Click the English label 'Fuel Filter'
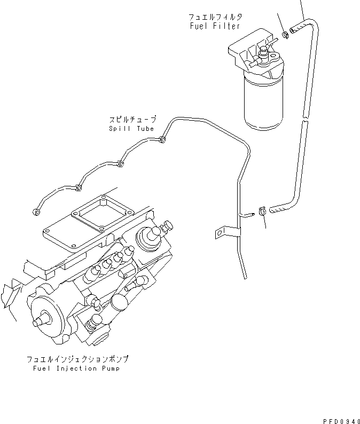coord(215,26)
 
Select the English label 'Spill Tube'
coord(131,128)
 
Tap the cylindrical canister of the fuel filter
coord(265,102)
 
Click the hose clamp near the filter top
coord(286,35)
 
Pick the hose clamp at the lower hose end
coord(262,211)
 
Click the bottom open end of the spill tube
coord(245,277)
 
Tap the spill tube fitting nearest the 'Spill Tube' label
coord(162,140)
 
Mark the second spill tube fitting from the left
coord(79,187)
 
